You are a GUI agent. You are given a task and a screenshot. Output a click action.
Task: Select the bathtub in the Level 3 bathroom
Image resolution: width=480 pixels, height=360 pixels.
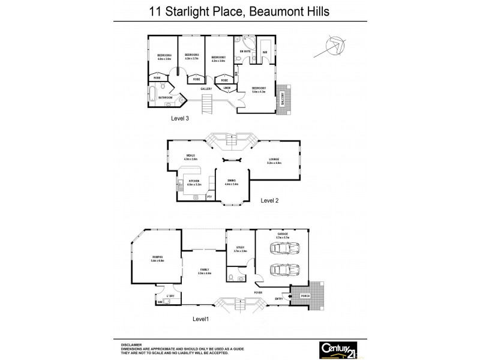point(152,94)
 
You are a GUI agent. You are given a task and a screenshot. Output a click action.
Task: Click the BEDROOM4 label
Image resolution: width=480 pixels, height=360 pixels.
point(164,57)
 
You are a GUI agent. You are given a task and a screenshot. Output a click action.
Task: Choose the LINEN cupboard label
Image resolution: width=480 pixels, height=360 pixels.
point(227,88)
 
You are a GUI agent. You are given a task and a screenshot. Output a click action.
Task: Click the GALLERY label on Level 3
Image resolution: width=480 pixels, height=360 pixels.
point(207,89)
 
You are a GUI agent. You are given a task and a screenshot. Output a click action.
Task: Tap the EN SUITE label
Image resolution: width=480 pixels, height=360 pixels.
point(245,52)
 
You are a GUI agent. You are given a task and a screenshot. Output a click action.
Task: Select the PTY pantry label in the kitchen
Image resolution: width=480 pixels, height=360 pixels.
point(209,196)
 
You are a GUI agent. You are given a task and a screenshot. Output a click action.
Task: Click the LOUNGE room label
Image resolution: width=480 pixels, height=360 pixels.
point(274,160)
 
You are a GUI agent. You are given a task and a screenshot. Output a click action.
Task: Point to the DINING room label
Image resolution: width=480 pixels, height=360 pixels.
point(232,181)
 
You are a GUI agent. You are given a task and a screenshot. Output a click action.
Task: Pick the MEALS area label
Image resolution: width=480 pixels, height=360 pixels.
point(191,155)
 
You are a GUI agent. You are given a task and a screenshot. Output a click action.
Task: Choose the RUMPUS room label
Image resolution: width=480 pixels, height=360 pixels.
point(158,259)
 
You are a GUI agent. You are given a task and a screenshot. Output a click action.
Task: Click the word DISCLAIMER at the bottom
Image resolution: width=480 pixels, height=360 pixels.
point(132,344)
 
